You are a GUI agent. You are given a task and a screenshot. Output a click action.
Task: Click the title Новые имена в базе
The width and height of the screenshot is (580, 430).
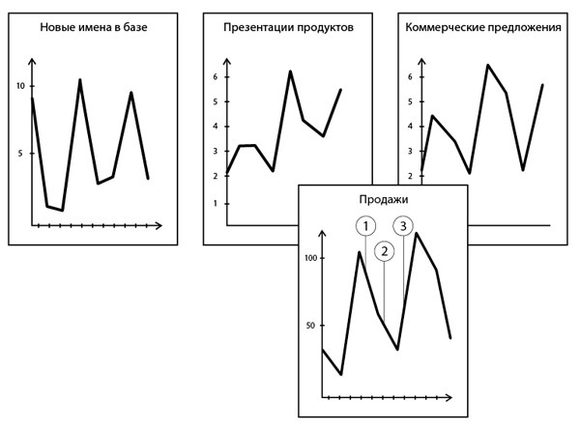93,28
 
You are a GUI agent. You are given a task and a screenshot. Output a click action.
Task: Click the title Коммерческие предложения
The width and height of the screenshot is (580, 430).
480,28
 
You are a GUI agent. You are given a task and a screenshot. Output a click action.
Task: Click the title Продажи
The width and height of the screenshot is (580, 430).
384,199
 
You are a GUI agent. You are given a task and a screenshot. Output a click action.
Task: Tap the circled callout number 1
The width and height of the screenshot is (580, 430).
364,225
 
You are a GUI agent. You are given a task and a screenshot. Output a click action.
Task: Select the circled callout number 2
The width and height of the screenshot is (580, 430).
384,251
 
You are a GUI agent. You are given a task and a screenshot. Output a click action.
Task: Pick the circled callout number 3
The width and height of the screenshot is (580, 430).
403,225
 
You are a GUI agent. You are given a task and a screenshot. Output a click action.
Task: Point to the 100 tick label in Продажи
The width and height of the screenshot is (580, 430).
310,259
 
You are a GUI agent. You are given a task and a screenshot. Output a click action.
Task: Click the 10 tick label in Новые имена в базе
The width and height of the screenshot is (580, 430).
20,86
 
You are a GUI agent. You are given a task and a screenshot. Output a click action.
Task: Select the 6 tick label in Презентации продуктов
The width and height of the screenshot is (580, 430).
216,76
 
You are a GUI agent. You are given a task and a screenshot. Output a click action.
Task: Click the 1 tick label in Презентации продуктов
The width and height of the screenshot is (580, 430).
216,203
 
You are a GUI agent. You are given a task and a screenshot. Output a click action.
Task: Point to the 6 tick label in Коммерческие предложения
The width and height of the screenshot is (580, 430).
410,76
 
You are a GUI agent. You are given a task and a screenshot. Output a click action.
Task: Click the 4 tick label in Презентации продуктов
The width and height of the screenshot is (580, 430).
216,127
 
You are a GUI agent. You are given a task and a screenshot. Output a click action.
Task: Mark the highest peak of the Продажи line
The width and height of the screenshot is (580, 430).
417,233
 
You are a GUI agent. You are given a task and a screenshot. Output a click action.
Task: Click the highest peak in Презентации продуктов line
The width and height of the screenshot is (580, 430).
289,72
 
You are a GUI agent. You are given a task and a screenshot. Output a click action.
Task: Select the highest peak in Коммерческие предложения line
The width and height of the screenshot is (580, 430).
488,65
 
